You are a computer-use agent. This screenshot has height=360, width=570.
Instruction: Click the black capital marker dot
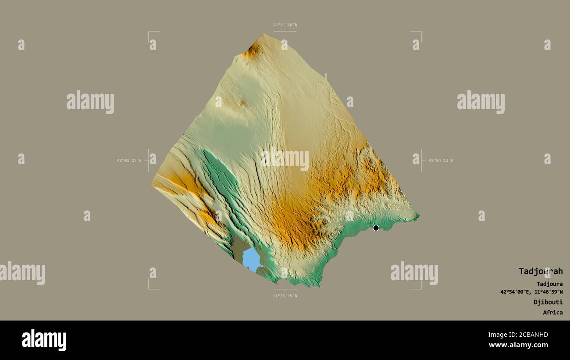point(376,228)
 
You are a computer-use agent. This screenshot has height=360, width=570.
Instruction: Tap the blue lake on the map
point(252,260)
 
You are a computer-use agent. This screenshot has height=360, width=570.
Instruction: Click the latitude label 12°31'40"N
point(285,25)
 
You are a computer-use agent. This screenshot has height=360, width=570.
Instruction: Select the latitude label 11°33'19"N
point(285,296)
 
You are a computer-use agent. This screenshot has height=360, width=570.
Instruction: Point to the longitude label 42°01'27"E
point(129,160)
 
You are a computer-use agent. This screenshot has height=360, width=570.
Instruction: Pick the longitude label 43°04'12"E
point(441,160)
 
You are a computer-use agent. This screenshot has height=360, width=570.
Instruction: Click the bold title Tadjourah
point(540,271)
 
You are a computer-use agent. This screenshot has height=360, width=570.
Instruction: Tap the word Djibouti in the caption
point(548,302)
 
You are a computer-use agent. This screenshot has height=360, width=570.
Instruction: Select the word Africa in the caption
point(552,313)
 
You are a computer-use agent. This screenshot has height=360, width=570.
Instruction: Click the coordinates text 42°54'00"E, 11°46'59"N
point(531,292)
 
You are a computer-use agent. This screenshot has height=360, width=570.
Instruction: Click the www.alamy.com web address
point(518,345)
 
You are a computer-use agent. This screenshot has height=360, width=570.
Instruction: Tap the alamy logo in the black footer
point(44,340)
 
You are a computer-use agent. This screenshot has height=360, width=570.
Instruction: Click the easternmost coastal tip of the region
point(417,215)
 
